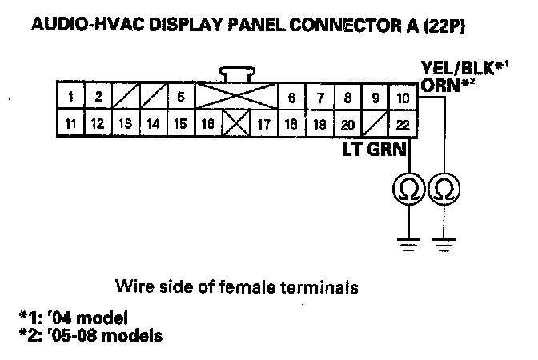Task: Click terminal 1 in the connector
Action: coord(72,98)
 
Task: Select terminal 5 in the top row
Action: coord(181,98)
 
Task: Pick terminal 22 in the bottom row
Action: coord(403,124)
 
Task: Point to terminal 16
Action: coord(208,124)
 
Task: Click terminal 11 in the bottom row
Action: coord(72,124)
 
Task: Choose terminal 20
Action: coord(347,124)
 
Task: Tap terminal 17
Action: coord(263,124)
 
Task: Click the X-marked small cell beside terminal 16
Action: coord(235,124)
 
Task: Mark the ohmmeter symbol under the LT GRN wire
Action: coord(408,190)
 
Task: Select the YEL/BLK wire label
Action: coord(464,68)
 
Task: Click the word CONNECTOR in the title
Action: coord(346,26)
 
